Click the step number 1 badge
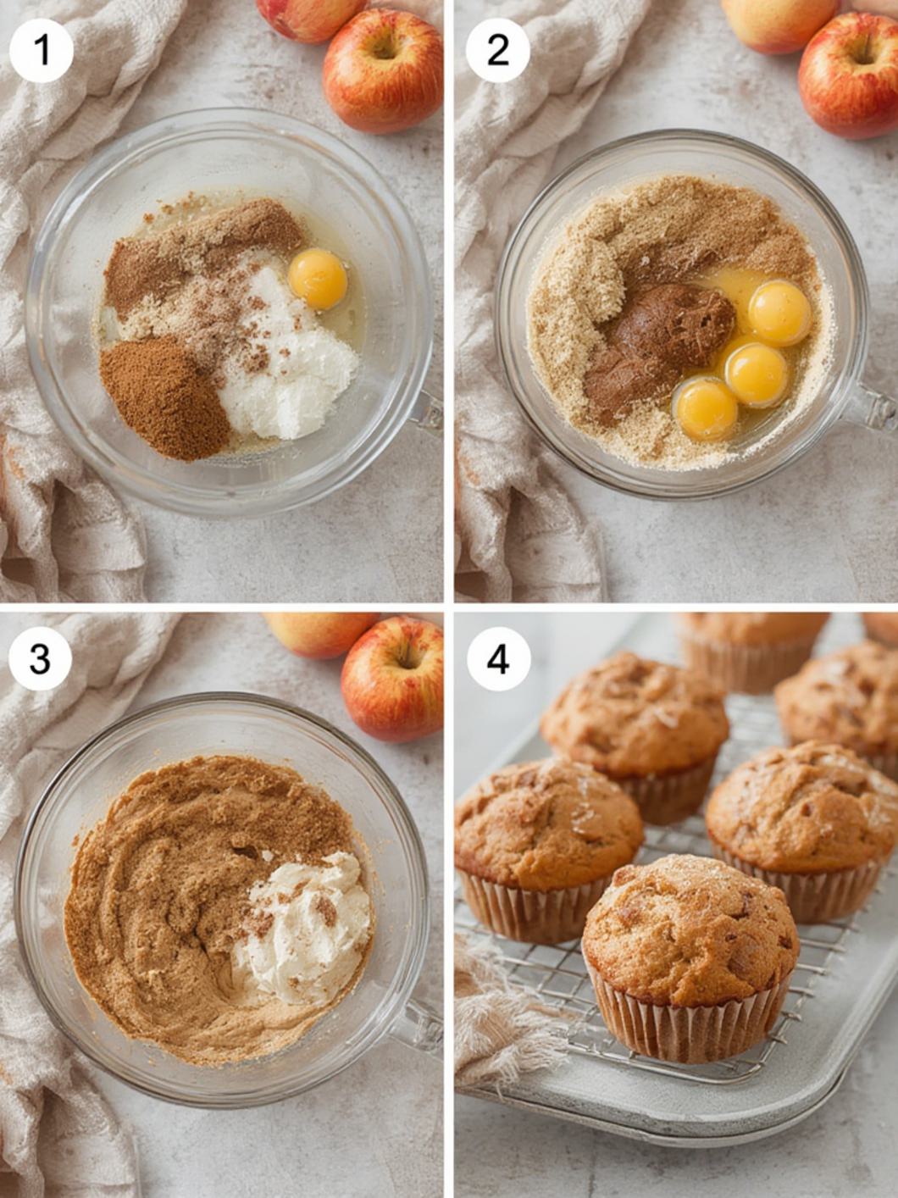point(41,50)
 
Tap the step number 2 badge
point(497,50)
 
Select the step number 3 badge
point(41,659)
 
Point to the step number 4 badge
point(499,659)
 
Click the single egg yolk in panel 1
point(318,279)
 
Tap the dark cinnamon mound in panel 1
point(164,397)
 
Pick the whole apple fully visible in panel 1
point(383,71)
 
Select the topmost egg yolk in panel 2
point(779,313)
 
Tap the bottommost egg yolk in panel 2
point(706,409)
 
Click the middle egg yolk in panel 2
point(756,375)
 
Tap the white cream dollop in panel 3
point(302,928)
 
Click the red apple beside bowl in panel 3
point(391,678)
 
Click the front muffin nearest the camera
point(690,958)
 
